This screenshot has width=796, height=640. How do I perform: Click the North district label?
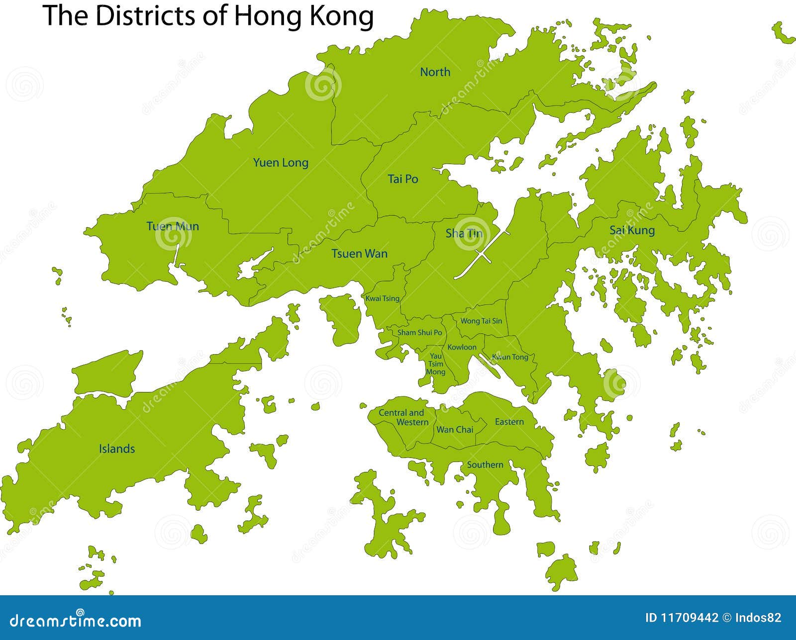click(x=435, y=72)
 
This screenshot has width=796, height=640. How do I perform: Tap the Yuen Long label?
click(x=281, y=163)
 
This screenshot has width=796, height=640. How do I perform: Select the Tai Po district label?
click(x=403, y=179)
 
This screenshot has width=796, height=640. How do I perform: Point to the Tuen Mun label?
click(x=173, y=226)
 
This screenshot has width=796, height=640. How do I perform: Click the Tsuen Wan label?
click(x=359, y=254)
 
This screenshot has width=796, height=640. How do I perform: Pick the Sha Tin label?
click(x=464, y=233)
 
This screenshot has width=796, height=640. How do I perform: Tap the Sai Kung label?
click(x=632, y=230)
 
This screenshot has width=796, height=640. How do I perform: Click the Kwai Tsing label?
click(x=382, y=298)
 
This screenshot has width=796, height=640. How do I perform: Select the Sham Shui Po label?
click(x=419, y=332)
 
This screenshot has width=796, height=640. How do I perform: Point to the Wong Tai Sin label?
click(x=481, y=321)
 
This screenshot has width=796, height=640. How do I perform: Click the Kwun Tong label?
click(x=510, y=357)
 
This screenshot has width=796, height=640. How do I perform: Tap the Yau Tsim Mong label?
click(x=435, y=364)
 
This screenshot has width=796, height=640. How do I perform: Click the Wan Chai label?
click(x=454, y=430)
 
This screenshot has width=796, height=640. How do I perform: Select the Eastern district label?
click(x=509, y=422)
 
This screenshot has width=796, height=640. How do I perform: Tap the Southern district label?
click(x=485, y=464)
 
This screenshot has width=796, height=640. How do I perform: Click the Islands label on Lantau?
click(x=116, y=449)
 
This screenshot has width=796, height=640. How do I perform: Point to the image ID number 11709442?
click(x=689, y=618)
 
